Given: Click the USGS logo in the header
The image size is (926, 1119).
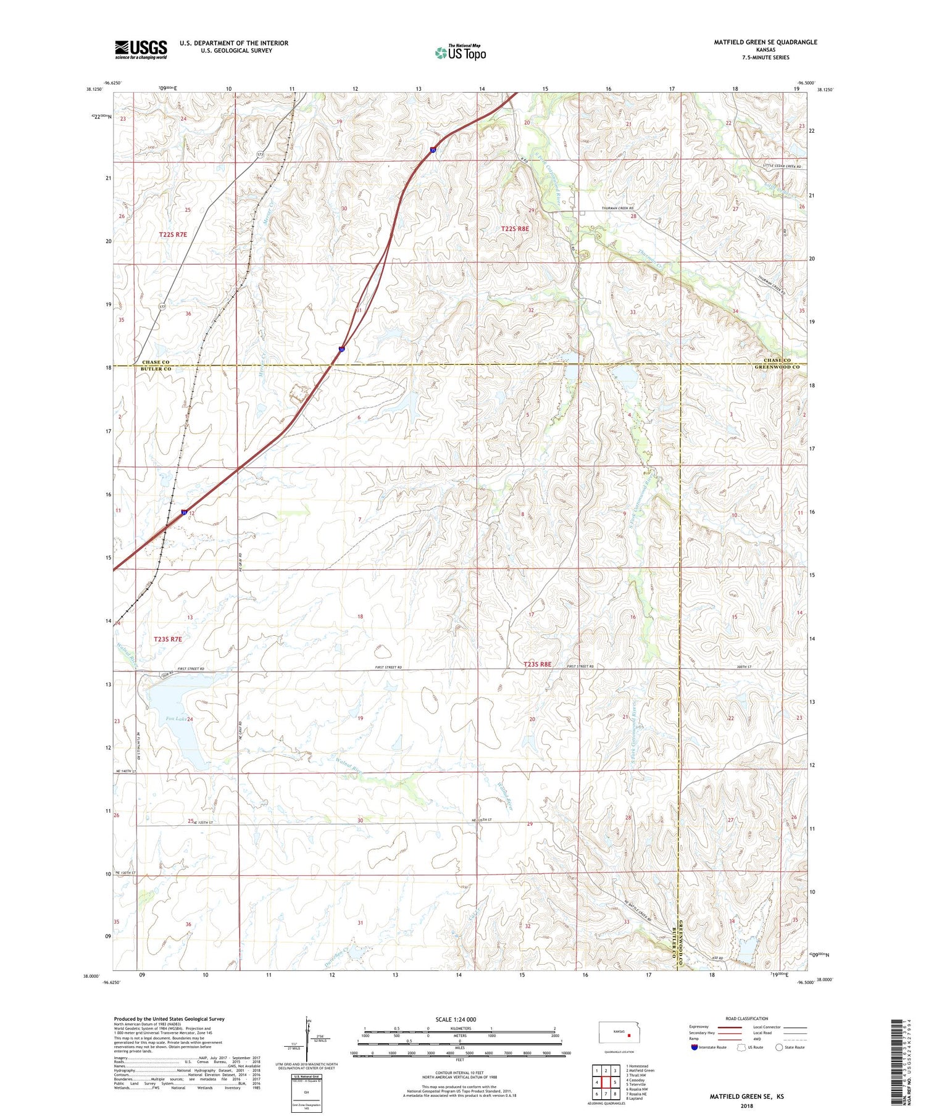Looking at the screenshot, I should click(x=141, y=49).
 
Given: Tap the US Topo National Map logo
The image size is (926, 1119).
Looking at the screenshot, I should click(x=460, y=53).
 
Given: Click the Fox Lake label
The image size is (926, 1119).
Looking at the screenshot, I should click(x=176, y=719).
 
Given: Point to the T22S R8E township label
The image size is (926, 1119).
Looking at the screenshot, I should click(x=515, y=228).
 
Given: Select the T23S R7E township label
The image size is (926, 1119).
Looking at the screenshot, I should click(x=168, y=639).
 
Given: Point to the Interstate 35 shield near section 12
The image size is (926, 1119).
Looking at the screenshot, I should click(x=184, y=512).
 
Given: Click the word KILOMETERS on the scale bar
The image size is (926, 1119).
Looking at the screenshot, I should click(x=460, y=1028).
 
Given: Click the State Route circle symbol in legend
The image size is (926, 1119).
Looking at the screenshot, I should click(x=780, y=1047).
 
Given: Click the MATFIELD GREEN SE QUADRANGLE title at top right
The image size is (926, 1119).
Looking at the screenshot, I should click(x=765, y=42).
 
